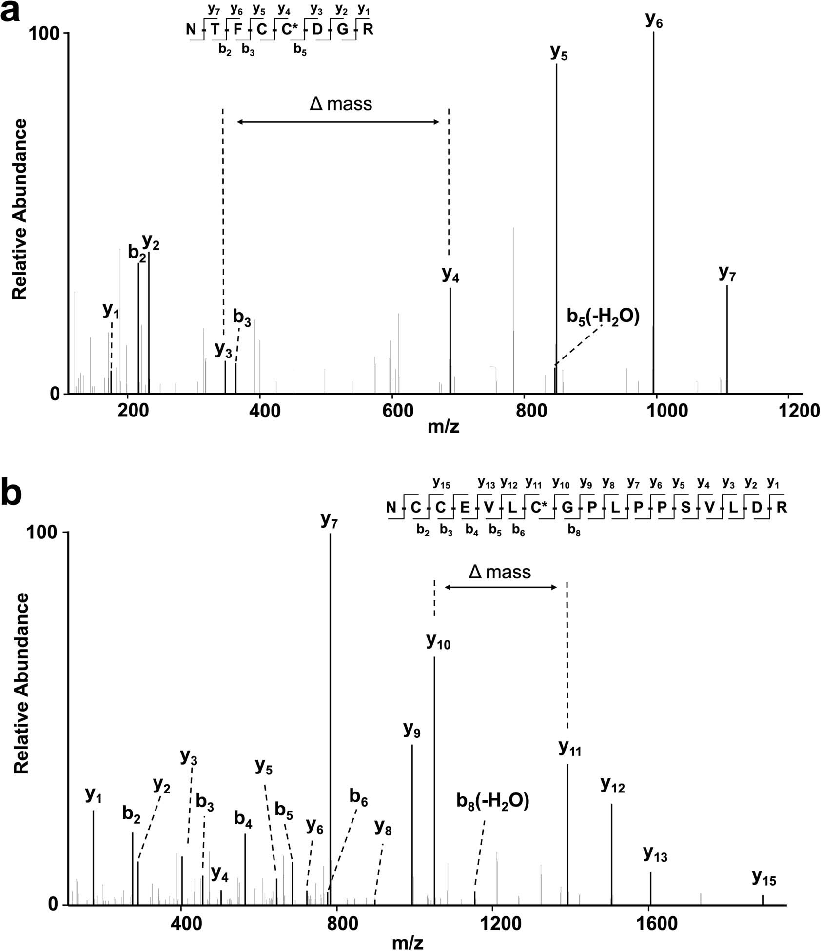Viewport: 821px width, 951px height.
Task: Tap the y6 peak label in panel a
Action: pos(654,21)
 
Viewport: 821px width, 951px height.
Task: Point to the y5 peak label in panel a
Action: pos(559,53)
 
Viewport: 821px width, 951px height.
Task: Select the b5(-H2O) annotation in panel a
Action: pos(603,317)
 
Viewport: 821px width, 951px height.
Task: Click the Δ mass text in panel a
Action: pos(341,104)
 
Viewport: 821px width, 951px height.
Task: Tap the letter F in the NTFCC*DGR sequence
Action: pos(238,29)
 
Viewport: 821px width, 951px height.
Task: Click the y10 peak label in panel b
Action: pos(438,642)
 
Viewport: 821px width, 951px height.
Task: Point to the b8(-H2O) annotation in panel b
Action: pos(493,801)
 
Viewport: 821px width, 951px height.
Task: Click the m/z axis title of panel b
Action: pos(408,942)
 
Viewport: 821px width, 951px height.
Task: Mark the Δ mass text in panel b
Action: pos(499,572)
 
